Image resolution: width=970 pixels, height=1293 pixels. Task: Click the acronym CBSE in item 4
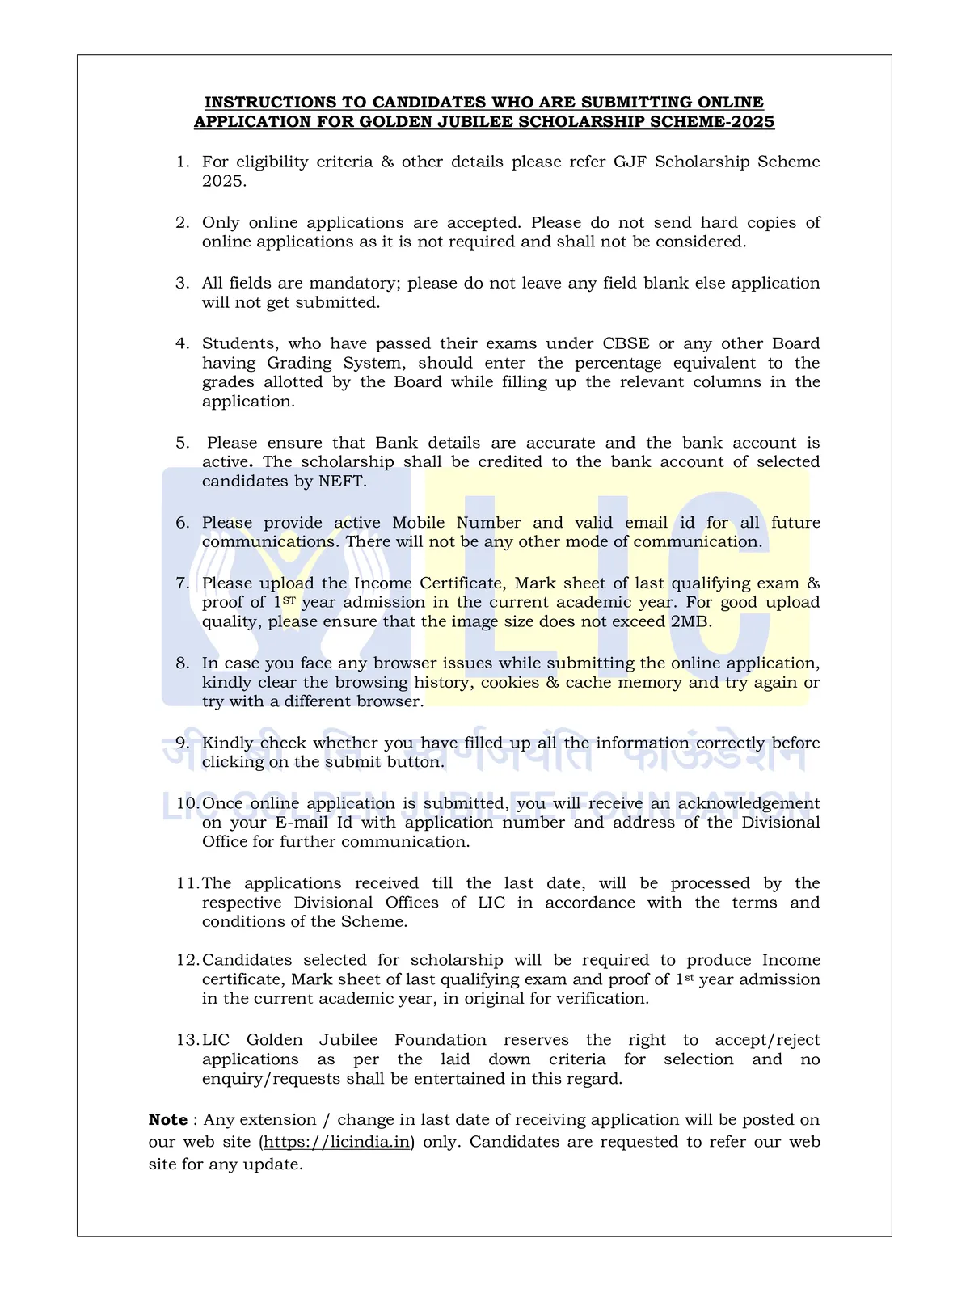click(x=626, y=343)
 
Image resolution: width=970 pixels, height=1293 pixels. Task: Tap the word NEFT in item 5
click(x=341, y=482)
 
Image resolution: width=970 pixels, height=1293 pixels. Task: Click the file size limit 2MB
click(x=690, y=622)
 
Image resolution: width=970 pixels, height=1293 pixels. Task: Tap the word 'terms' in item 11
click(x=754, y=903)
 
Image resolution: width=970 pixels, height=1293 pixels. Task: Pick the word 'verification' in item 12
click(x=600, y=999)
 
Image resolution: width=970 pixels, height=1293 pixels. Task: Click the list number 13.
click(x=188, y=1040)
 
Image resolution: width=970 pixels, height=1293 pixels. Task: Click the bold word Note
click(x=168, y=1120)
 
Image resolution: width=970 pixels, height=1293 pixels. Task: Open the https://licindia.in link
click(x=337, y=1142)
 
